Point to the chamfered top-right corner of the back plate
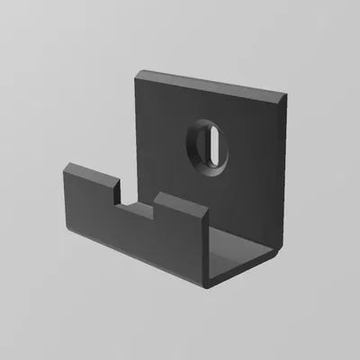click(x=286, y=97)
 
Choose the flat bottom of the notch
click(x=138, y=211)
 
